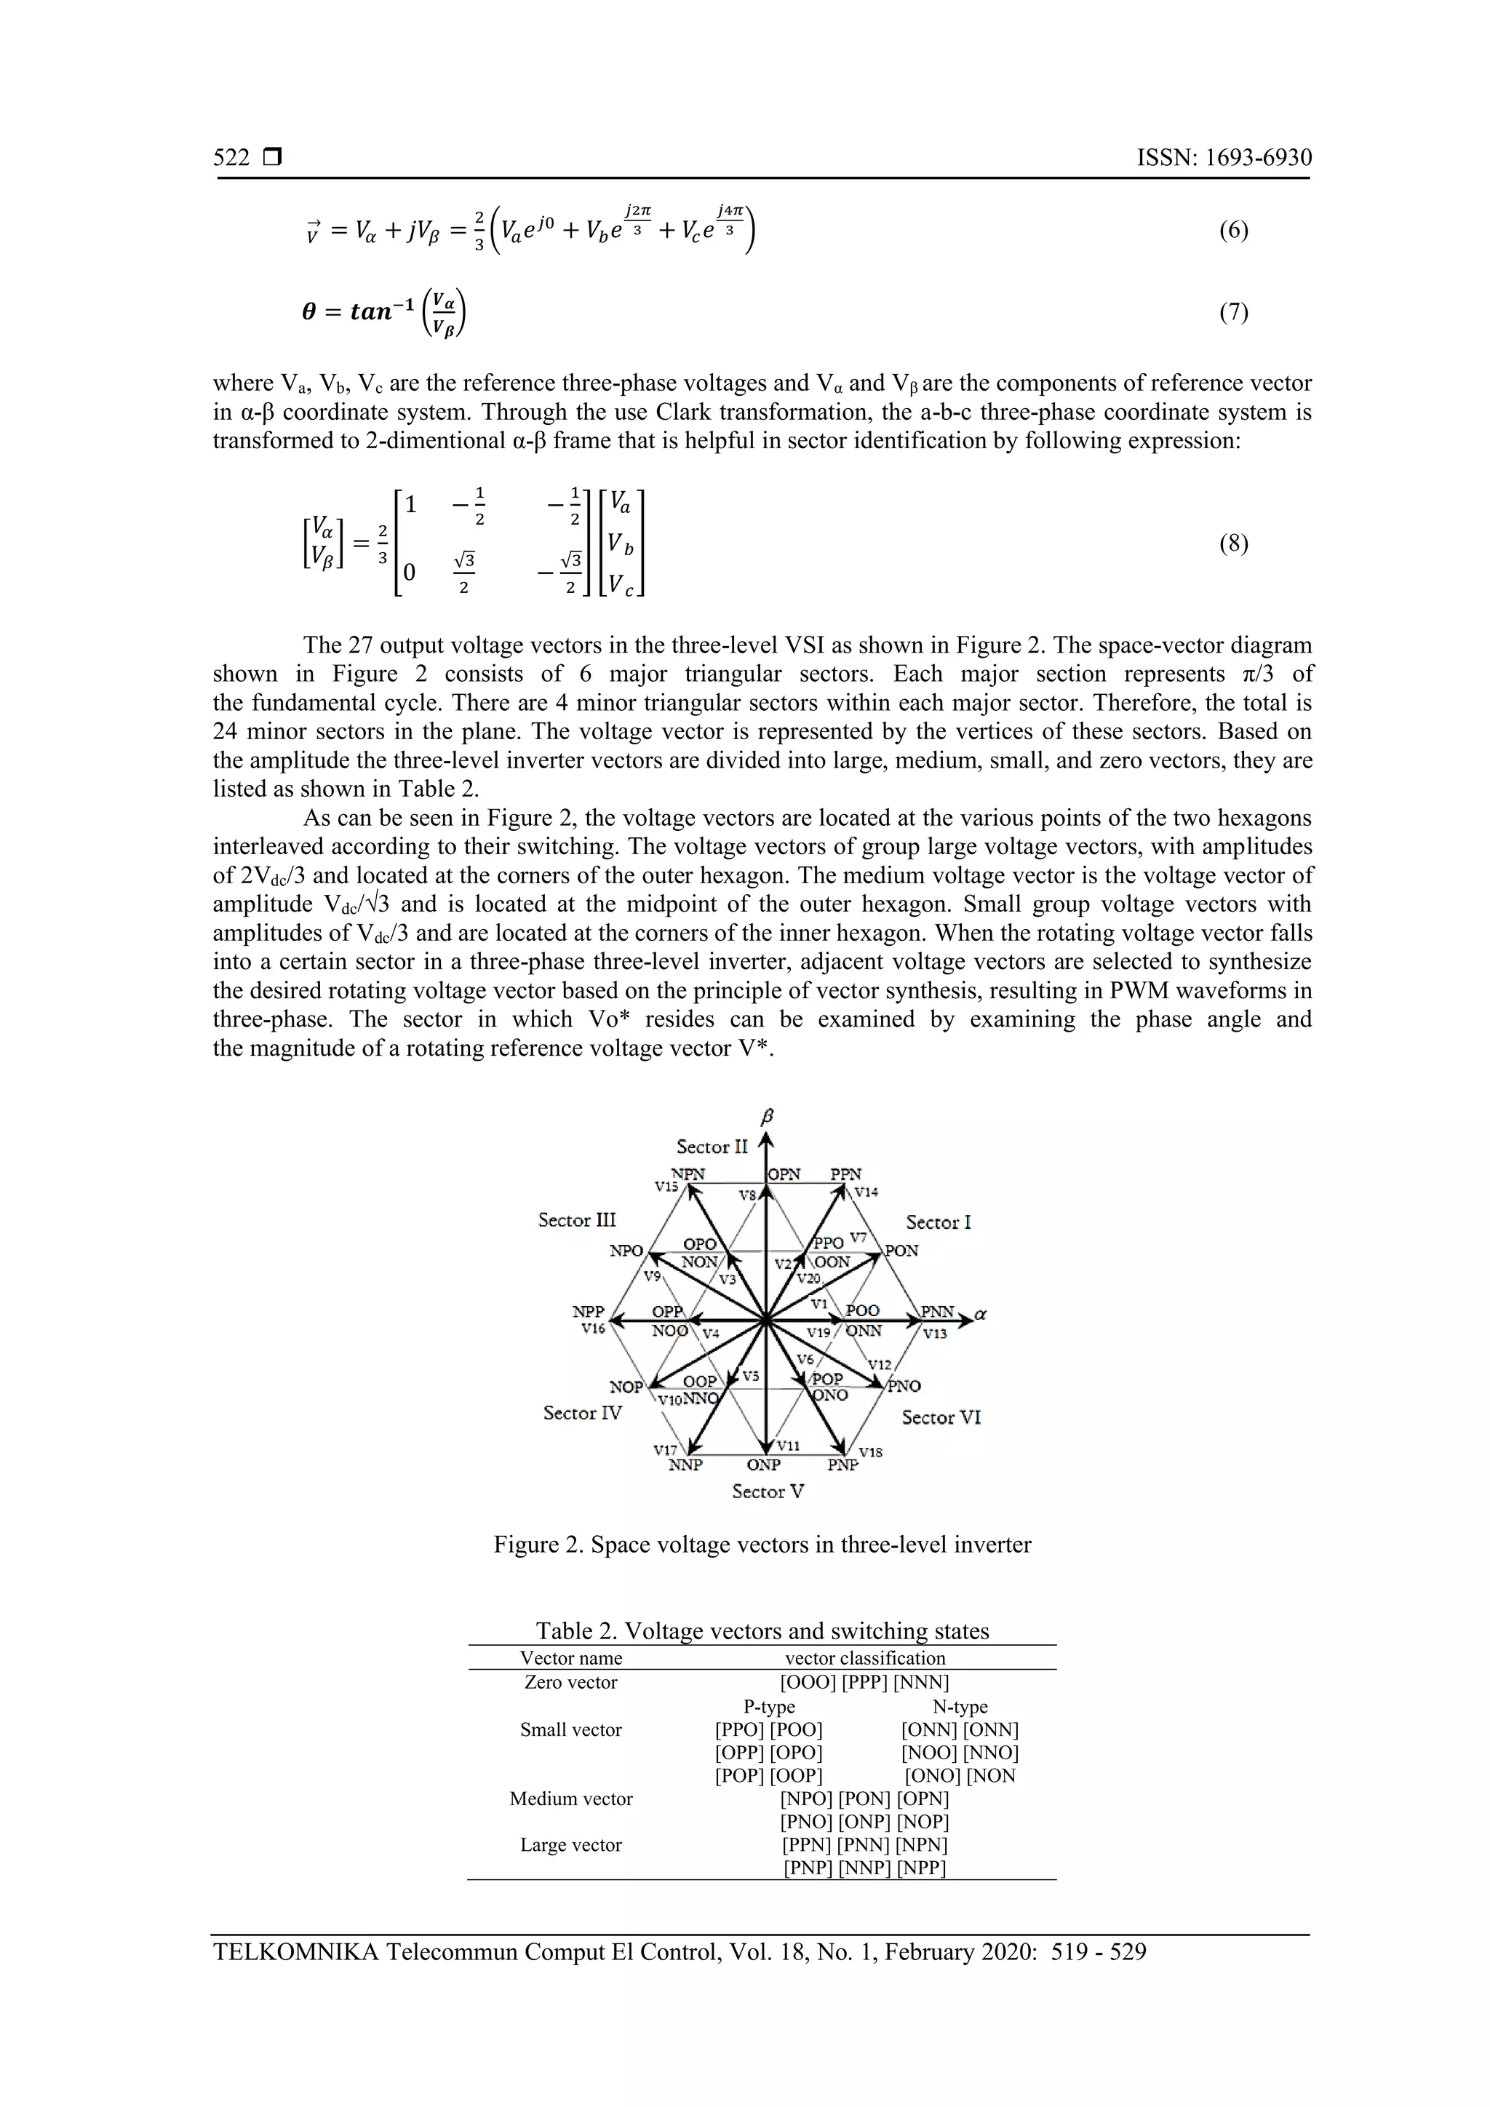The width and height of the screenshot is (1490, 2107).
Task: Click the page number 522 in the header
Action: coord(231,158)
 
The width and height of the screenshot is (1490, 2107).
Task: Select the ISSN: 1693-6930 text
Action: coord(1224,158)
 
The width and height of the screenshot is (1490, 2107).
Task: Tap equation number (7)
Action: coord(1233,313)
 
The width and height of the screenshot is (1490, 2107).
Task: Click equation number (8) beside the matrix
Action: coord(1233,544)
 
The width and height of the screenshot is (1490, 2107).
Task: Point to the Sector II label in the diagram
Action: coord(712,1147)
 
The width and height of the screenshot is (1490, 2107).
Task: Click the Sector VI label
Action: coord(941,1418)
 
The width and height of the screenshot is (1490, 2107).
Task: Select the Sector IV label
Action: coord(583,1413)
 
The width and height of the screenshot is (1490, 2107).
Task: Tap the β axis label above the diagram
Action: coord(768,1116)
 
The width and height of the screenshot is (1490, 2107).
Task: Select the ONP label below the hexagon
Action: coord(763,1465)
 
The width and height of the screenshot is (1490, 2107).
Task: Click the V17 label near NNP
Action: coord(665,1450)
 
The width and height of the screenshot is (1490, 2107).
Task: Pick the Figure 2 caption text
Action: coord(762,1545)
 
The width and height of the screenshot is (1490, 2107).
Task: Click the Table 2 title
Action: coord(762,1630)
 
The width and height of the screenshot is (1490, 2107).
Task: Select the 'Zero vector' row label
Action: coord(570,1682)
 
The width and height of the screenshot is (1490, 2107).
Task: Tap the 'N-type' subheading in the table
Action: coord(960,1707)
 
